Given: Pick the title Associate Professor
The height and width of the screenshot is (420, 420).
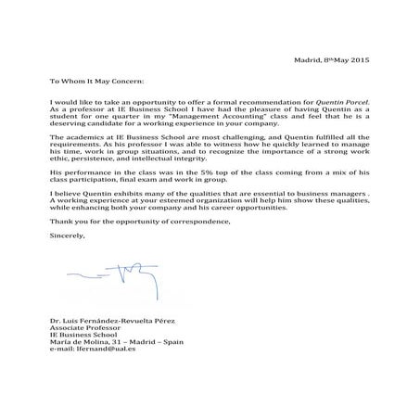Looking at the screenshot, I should [83, 327].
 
